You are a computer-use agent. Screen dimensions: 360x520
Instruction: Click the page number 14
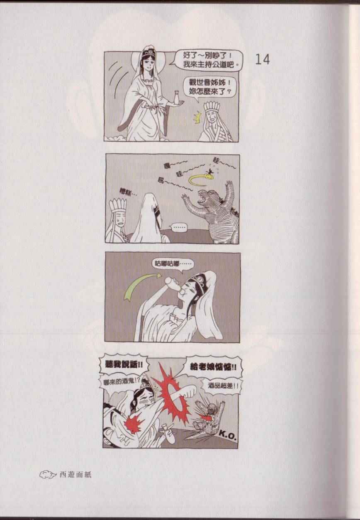[x=263, y=59]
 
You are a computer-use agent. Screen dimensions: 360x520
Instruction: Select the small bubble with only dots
[x=179, y=228]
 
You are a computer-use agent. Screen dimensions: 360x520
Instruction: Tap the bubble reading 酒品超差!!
[x=223, y=386]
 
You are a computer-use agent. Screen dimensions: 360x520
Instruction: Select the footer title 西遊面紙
[x=75, y=475]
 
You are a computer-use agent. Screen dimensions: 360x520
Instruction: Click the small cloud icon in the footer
[x=48, y=474]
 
